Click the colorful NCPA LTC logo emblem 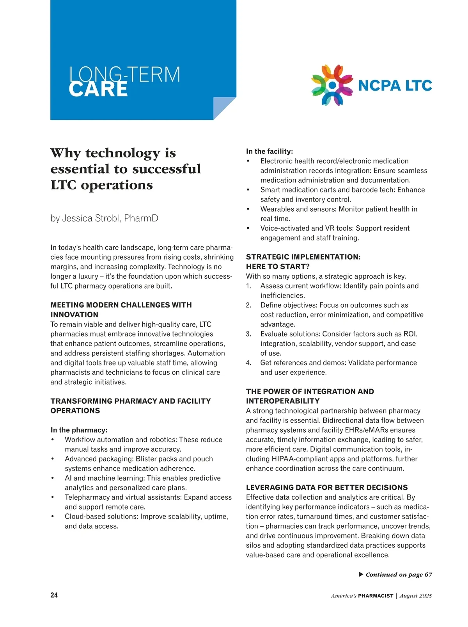coord(332,85)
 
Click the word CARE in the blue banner coord(98,89)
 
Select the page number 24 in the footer coord(54,595)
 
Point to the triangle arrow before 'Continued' coord(361,574)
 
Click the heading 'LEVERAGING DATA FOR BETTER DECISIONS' coord(327,487)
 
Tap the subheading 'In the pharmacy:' coord(79,430)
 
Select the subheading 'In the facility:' coord(269,151)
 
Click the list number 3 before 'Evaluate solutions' coord(248,334)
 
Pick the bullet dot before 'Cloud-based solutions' coord(53,517)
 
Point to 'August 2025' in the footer coord(415,596)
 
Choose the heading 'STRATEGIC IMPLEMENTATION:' coord(303,257)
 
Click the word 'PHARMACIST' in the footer coord(376,596)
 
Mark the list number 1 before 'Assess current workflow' coord(248,286)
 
